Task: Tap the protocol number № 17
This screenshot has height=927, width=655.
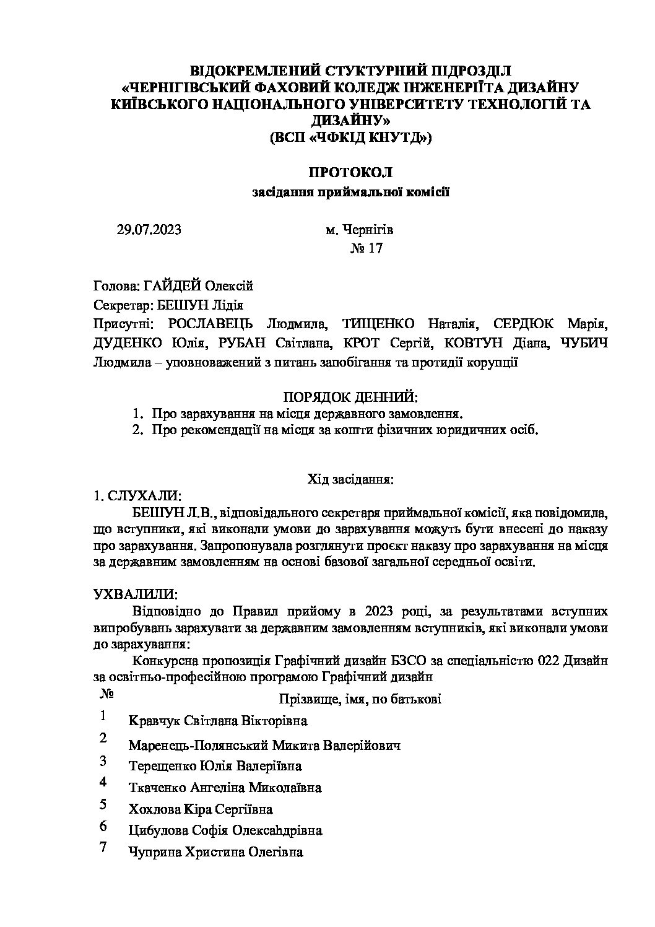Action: point(367,249)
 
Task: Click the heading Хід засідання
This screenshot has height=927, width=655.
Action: point(350,479)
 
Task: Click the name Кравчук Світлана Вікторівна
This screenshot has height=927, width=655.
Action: point(218,721)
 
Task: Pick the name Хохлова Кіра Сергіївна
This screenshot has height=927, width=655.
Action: point(201,809)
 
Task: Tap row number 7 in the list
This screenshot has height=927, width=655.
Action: point(103,847)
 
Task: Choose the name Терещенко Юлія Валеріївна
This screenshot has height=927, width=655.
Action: point(215,766)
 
